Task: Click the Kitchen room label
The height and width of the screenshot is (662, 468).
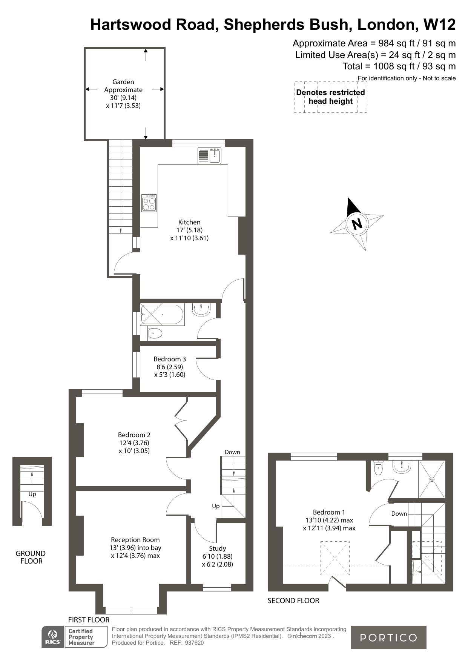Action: click(189, 222)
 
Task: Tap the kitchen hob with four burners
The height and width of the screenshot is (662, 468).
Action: click(149, 203)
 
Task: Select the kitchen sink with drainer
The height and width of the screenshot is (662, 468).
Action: click(210, 156)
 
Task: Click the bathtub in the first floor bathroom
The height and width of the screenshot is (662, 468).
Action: click(162, 314)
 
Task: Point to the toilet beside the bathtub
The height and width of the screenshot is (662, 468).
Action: click(155, 333)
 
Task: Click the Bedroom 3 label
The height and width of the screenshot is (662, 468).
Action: click(170, 359)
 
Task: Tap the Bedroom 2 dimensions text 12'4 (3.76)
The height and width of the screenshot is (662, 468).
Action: click(134, 443)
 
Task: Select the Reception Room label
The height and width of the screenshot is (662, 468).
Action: click(135, 540)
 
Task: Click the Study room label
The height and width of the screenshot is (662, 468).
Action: click(218, 548)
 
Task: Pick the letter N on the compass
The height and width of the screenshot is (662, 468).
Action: click(356, 224)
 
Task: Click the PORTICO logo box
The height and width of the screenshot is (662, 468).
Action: click(388, 637)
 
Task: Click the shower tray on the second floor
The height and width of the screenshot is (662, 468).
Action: click(432, 479)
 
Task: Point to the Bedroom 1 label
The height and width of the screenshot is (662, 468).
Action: click(329, 512)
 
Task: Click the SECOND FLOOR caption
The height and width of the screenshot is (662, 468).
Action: click(293, 601)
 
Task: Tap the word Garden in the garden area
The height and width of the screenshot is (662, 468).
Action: click(123, 82)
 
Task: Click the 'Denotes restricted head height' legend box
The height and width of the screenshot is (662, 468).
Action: click(330, 97)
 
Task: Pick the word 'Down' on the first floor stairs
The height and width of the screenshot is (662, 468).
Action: click(232, 452)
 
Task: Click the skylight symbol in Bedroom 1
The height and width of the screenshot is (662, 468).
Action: click(335, 558)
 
